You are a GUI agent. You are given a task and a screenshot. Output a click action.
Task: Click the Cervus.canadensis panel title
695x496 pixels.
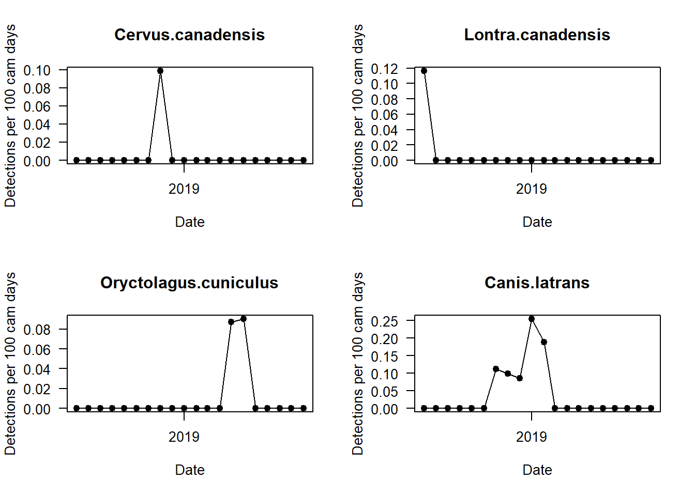click(189, 35)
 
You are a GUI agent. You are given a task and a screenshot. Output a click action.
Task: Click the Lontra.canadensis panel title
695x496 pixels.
click(537, 35)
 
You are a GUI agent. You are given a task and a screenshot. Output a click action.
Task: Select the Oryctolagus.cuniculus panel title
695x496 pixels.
click(189, 283)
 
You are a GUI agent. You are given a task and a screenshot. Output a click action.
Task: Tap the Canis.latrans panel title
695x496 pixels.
click(537, 283)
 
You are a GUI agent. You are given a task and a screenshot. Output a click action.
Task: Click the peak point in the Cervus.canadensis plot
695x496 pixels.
click(160, 71)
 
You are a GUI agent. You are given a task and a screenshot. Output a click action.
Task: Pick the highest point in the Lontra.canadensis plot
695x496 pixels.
click(424, 71)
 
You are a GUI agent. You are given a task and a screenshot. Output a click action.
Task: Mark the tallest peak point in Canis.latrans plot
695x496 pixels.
click(532, 319)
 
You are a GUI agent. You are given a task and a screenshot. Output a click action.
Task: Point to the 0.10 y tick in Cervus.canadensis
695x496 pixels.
click(37, 70)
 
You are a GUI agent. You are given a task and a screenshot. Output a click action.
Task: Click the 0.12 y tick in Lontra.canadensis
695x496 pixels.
click(385, 69)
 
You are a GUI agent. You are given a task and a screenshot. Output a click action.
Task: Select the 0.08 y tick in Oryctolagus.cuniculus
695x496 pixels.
click(37, 330)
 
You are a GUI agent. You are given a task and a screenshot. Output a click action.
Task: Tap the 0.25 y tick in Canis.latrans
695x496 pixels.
click(385, 321)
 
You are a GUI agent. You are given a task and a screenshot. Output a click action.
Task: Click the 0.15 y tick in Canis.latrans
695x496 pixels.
click(385, 357)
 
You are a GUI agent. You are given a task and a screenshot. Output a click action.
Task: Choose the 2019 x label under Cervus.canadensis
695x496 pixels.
click(184, 189)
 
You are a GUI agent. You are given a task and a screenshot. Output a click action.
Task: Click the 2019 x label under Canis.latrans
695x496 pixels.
click(532, 437)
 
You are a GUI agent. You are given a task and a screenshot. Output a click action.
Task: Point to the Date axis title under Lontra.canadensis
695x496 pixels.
click(537, 222)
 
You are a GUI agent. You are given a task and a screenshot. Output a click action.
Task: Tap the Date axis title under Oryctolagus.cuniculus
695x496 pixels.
click(190, 470)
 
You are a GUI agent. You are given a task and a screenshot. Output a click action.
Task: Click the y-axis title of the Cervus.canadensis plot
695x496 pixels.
click(10, 116)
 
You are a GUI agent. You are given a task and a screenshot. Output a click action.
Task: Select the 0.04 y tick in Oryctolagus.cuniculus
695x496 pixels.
click(37, 369)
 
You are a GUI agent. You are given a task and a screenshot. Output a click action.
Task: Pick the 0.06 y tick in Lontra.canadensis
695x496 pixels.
click(385, 115)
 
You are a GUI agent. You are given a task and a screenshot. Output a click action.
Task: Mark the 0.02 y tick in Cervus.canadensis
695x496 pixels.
click(37, 143)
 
